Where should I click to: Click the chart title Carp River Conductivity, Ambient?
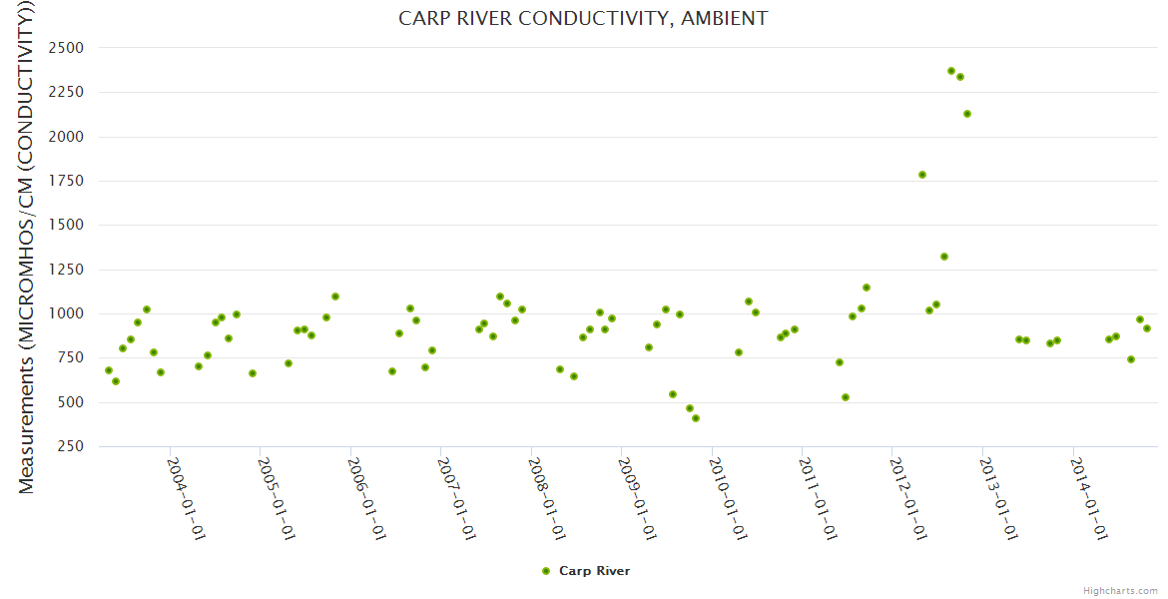click(x=583, y=18)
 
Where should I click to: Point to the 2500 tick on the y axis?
click(x=66, y=48)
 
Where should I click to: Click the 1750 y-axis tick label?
click(x=66, y=181)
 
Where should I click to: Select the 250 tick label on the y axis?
click(x=70, y=446)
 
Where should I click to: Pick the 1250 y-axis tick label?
click(x=66, y=270)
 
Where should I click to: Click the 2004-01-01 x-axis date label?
click(x=185, y=498)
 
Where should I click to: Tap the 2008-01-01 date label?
click(x=547, y=498)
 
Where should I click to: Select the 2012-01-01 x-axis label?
click(x=908, y=498)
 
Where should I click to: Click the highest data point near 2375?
click(x=951, y=71)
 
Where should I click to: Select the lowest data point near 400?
click(x=696, y=418)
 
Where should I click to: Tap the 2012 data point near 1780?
click(x=922, y=175)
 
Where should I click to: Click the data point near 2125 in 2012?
click(x=967, y=114)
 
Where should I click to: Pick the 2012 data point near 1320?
click(x=944, y=257)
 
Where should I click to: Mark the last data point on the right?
click(x=1147, y=328)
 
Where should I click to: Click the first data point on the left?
click(x=109, y=370)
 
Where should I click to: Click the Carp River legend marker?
click(x=545, y=571)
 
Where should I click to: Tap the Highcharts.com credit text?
click(x=1120, y=590)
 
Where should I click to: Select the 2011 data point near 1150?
click(x=867, y=288)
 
